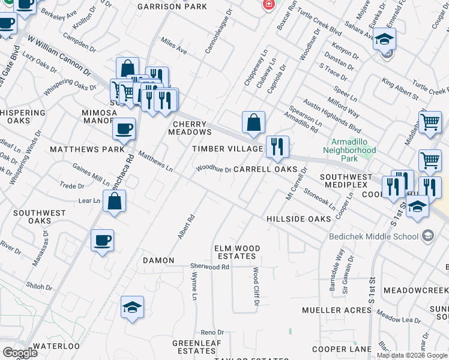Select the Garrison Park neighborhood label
[172, 7]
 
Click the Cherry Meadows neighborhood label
[192, 128]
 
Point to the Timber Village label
[228, 149]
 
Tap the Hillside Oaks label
[298, 219]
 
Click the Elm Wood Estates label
[238, 252]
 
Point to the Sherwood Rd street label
[209, 266]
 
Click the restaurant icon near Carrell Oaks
[277, 146]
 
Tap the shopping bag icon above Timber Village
[254, 122]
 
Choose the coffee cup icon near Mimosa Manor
[124, 128]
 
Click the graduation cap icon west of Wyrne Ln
[133, 307]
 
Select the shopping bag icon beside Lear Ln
[114, 201]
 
